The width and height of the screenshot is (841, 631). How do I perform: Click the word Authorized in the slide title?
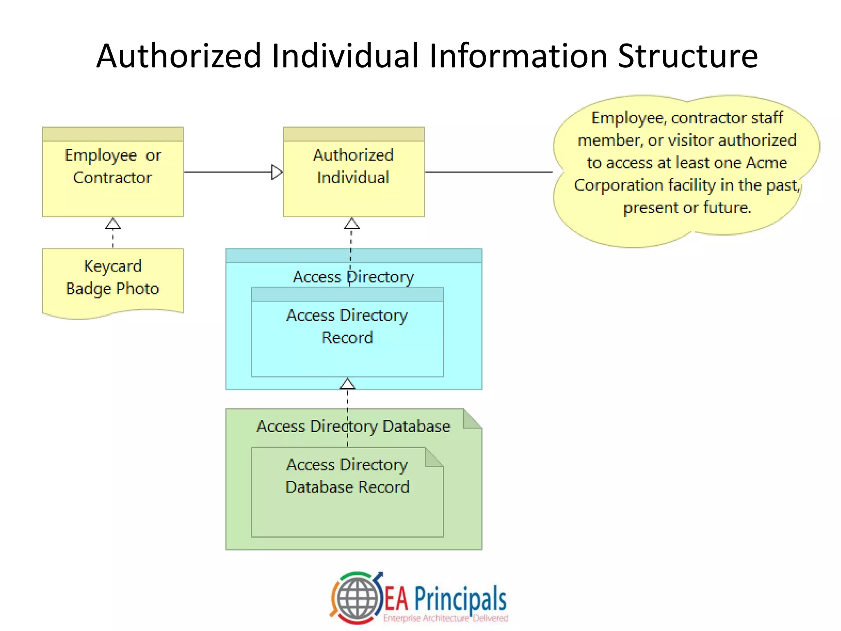coord(179,56)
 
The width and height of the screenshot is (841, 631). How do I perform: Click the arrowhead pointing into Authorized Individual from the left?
coord(277,172)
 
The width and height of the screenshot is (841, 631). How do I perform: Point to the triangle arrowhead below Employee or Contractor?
coord(113,224)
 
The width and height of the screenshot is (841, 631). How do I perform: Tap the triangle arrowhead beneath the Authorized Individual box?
coord(352,224)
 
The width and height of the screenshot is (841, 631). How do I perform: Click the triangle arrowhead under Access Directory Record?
coord(347,384)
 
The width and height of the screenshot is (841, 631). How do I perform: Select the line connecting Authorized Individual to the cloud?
coord(489,172)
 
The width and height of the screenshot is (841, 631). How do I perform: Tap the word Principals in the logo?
coord(460,599)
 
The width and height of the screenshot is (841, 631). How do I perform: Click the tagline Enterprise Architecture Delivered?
coord(446,618)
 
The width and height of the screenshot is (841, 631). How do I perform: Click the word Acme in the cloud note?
coord(766,163)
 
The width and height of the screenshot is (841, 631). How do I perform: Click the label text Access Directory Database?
coord(353,426)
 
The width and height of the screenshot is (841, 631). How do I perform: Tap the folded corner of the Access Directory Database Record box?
coord(434,457)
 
